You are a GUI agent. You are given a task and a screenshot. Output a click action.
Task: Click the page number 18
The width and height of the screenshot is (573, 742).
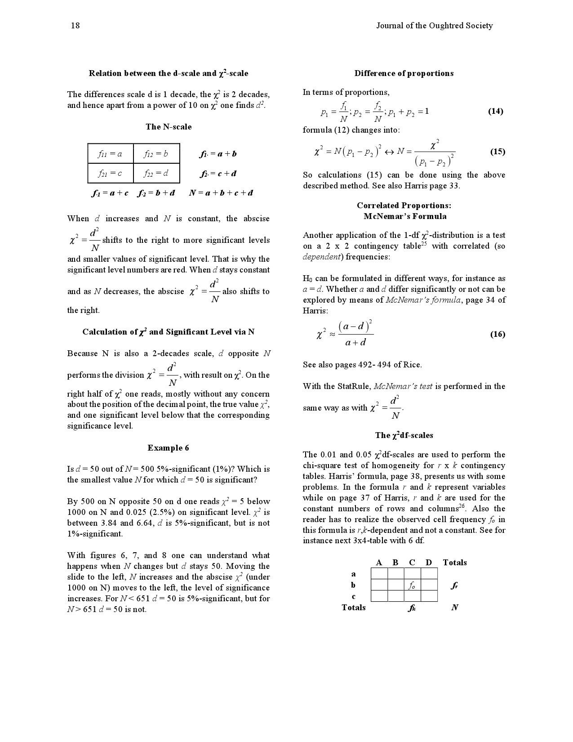(75, 26)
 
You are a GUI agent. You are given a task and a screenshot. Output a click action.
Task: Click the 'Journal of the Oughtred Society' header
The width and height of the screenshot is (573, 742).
(434, 26)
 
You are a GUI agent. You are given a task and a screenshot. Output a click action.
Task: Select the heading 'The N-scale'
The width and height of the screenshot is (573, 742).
(169, 127)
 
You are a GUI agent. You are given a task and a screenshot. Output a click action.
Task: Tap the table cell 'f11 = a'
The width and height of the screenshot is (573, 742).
(110, 154)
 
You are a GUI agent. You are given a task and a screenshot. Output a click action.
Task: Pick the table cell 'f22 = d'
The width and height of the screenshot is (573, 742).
(156, 173)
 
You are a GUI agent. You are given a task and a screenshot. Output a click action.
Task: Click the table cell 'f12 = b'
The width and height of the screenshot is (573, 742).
(156, 154)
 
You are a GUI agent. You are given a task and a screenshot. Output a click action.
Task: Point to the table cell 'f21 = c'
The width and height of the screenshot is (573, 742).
(110, 173)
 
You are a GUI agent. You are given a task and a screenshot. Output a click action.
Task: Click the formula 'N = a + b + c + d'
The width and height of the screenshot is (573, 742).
(221, 193)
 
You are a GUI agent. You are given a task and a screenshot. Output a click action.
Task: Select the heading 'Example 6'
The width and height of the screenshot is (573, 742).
(168, 448)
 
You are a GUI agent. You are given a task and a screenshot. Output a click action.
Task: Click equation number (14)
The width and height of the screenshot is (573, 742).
(495, 111)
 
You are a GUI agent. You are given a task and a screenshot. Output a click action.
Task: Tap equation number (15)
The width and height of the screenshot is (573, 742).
(497, 152)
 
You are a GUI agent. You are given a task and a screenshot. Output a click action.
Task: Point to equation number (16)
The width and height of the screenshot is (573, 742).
(497, 334)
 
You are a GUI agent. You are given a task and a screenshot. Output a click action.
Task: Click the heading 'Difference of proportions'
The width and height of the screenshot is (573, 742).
(404, 73)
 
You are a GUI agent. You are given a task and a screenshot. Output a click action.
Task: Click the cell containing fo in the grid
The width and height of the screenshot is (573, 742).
(412, 585)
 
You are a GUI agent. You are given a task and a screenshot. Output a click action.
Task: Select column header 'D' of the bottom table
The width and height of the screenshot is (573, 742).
(428, 563)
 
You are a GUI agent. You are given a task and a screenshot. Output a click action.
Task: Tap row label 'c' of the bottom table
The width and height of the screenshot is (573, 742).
(354, 596)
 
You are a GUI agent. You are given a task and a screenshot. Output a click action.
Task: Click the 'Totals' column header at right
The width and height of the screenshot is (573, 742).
(454, 563)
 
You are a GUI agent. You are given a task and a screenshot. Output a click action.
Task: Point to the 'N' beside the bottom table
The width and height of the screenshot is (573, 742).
(454, 608)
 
